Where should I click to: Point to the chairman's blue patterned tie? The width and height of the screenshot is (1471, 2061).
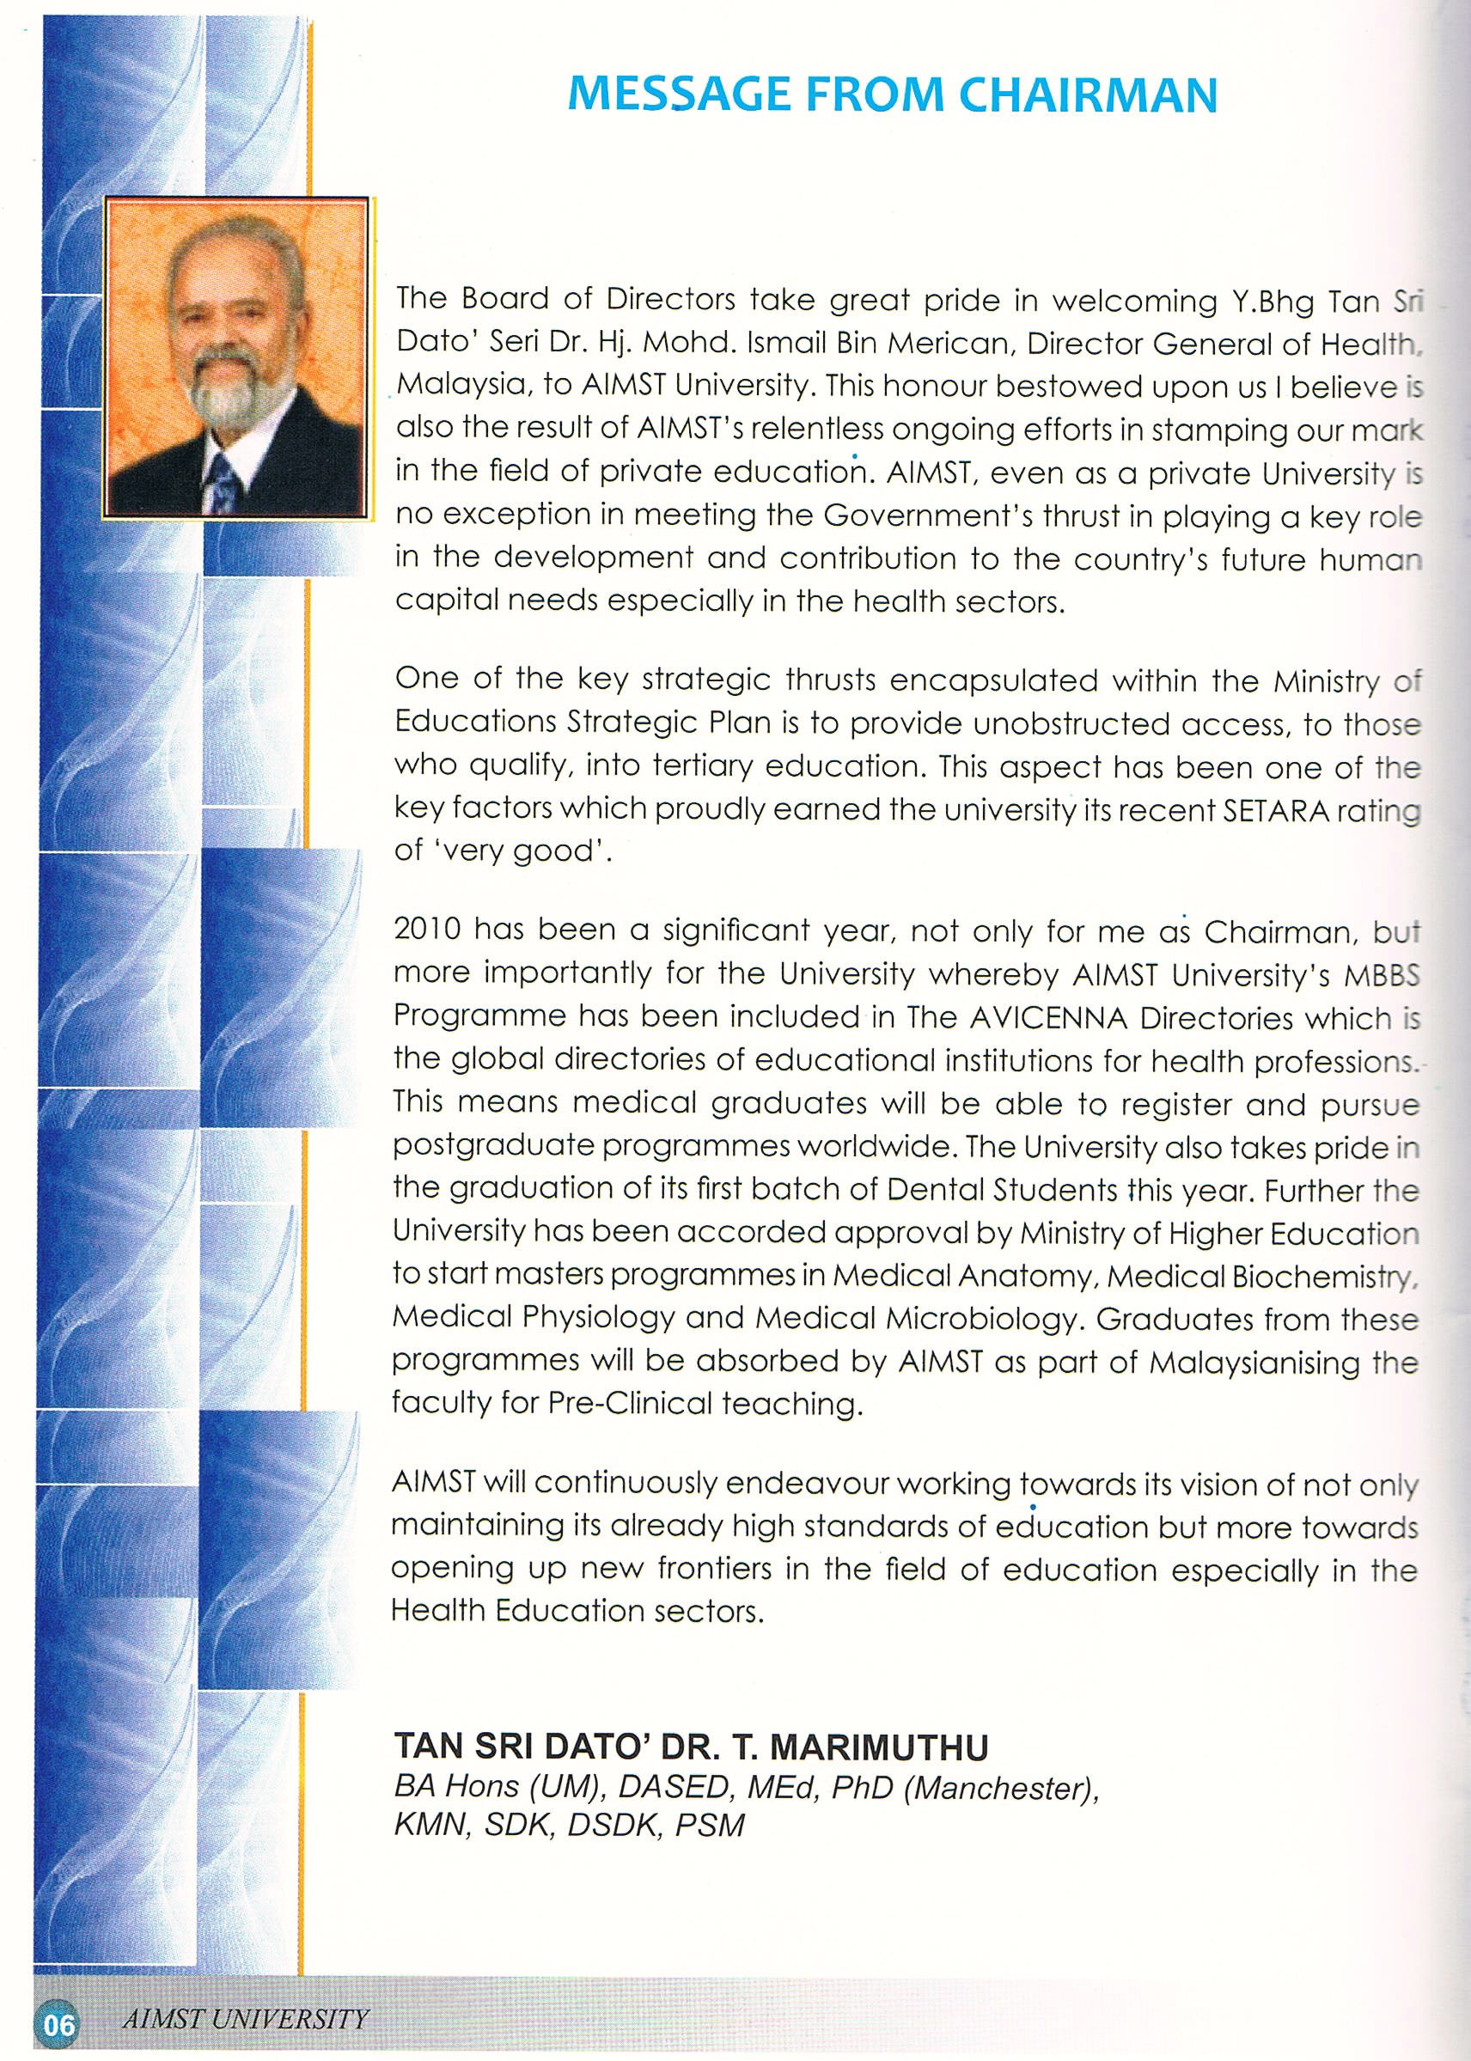tap(221, 480)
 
